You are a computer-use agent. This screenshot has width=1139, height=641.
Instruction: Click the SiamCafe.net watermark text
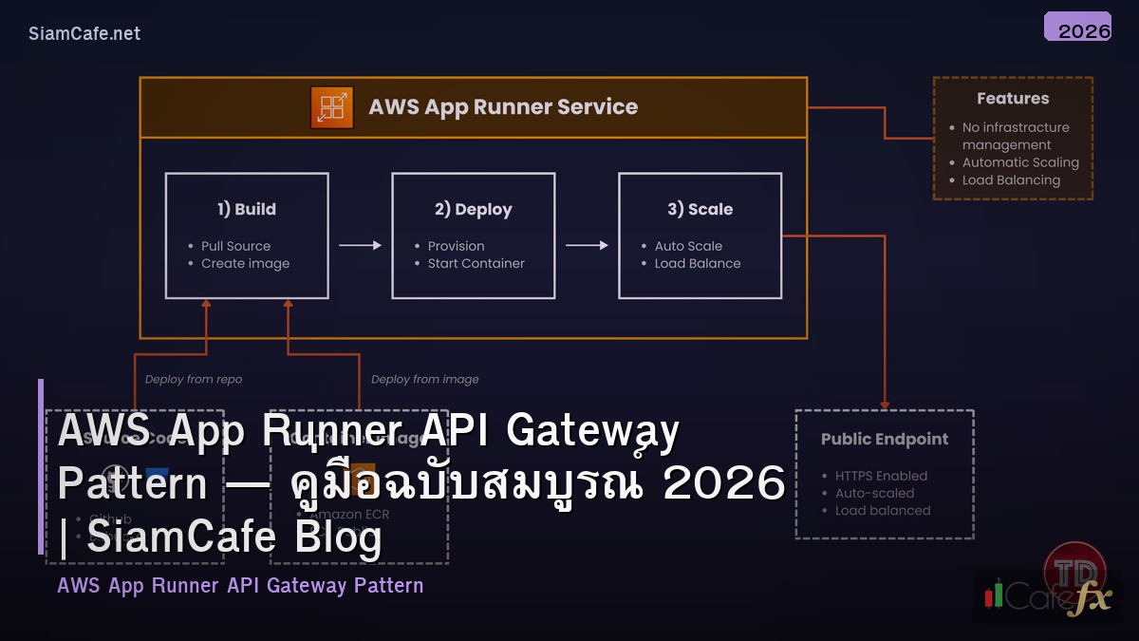tap(84, 33)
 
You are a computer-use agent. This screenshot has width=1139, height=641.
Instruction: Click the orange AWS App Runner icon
tap(331, 107)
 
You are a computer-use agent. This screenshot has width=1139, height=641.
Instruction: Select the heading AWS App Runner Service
tap(503, 107)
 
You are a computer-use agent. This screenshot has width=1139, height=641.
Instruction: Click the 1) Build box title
tap(246, 209)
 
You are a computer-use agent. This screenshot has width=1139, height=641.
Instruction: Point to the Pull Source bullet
tap(235, 246)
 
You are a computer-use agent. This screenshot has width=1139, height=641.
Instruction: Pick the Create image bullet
tap(245, 264)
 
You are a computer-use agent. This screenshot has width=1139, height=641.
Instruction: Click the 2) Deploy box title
tap(473, 209)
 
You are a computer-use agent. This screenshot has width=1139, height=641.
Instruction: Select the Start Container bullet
tap(476, 264)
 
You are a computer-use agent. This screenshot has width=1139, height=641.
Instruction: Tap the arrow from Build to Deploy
tap(360, 245)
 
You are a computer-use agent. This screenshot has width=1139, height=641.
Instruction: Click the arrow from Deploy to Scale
tap(587, 245)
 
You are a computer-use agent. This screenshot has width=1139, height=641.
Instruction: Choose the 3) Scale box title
tap(700, 209)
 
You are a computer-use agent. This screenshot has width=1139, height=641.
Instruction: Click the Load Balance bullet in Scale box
tap(698, 264)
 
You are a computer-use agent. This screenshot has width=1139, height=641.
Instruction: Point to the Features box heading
tap(1013, 99)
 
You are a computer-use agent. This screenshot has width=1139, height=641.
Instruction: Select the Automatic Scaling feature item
tap(1020, 162)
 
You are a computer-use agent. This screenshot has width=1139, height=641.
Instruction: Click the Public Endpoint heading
tap(884, 439)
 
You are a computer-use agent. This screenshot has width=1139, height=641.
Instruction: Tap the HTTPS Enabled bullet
tap(881, 476)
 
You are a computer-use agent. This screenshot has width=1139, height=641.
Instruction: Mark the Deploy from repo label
tap(194, 379)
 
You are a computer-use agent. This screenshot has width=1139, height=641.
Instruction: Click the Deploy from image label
tap(424, 379)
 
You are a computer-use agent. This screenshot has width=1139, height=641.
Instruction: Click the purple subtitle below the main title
tap(240, 585)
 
